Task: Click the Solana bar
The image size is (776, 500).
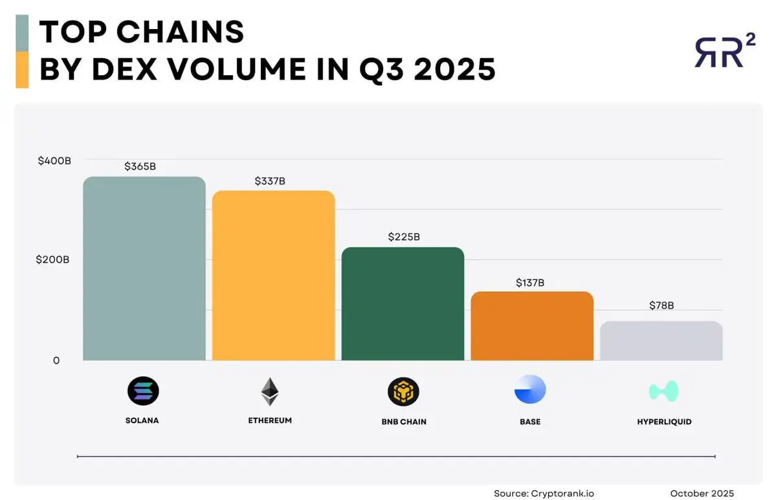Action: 144,268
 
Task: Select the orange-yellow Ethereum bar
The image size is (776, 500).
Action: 273,276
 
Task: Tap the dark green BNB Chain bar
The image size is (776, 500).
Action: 403,304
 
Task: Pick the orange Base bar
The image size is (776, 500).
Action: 532,326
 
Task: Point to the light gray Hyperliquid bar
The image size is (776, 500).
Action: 661,341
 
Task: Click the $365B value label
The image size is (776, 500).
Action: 140,166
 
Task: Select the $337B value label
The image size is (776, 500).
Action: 270,181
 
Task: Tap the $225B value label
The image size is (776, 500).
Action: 404,237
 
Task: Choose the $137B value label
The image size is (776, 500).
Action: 530,283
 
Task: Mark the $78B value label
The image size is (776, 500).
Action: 661,305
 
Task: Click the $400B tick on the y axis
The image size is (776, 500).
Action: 54,160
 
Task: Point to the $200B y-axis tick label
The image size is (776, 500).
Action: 53,259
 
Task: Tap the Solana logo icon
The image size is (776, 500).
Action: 143,391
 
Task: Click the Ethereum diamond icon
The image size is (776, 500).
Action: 270,391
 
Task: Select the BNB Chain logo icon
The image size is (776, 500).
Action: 403,391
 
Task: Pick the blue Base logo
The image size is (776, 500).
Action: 530,389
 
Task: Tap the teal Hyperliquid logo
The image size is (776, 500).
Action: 663,391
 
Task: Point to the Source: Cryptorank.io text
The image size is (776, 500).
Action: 544,494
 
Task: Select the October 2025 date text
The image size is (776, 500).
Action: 702,494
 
